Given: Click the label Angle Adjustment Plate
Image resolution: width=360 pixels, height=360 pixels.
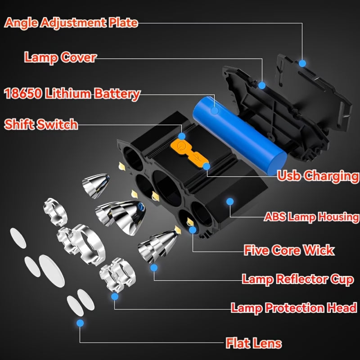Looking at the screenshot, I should [71, 22].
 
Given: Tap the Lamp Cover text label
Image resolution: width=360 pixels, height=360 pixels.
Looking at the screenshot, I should [60, 57].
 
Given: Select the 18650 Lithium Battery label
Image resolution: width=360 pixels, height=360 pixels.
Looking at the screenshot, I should [72, 94].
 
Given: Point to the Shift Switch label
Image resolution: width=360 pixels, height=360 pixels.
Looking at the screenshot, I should [41, 124].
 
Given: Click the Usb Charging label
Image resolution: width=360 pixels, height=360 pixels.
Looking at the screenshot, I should [318, 175].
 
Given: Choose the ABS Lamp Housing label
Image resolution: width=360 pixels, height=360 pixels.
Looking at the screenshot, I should [311, 217].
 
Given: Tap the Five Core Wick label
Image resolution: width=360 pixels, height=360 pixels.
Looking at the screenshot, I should [289, 250].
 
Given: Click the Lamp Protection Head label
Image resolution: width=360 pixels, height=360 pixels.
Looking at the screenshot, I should [294, 308].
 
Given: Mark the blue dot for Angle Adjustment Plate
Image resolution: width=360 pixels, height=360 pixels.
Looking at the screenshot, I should [302, 63].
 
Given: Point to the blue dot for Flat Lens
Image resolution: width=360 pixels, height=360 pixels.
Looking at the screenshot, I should [80, 323].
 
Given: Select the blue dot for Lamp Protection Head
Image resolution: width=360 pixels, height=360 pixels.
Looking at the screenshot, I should [115, 297].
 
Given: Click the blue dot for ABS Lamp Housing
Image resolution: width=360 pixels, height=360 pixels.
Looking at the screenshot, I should [230, 201].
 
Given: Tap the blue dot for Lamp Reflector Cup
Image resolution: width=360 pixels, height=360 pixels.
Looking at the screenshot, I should [154, 268].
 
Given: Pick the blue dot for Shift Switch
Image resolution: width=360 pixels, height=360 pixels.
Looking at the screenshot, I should [182, 135].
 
